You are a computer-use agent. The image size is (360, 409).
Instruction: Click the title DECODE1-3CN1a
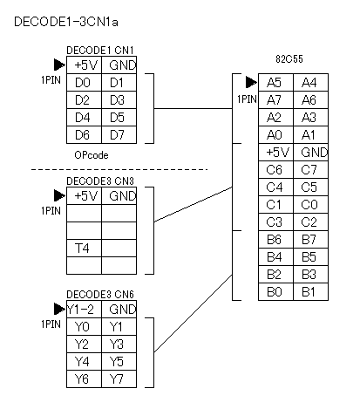point(66,22)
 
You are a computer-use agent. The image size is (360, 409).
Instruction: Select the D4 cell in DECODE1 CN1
point(84,118)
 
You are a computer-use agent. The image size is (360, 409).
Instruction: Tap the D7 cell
point(119,135)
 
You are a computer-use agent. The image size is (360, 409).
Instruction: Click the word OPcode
point(92,155)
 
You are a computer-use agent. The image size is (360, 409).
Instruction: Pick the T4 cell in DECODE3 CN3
point(84,249)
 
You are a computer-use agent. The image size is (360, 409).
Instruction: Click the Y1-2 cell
point(84,310)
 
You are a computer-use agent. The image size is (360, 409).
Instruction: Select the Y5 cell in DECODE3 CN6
point(119,362)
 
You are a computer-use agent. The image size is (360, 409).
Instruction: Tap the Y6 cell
point(84,379)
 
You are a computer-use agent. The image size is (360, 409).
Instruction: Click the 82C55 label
point(289,59)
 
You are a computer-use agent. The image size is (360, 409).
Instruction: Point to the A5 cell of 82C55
point(275,83)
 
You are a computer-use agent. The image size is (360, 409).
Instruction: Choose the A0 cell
point(275,135)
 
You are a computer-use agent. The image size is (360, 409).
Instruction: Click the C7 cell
point(310,170)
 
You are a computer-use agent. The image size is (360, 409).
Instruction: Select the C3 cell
point(275,222)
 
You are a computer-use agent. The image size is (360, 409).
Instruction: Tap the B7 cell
point(310,240)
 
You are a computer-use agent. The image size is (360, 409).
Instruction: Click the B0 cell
point(275,292)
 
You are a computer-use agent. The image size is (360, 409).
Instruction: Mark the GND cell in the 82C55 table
point(310,153)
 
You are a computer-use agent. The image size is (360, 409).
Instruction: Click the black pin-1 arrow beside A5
point(251,82)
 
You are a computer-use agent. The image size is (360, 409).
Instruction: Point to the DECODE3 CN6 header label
point(100,295)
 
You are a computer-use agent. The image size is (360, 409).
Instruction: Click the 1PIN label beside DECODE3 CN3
point(51,211)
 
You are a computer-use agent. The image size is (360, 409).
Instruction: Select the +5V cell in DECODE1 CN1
point(84,65)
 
